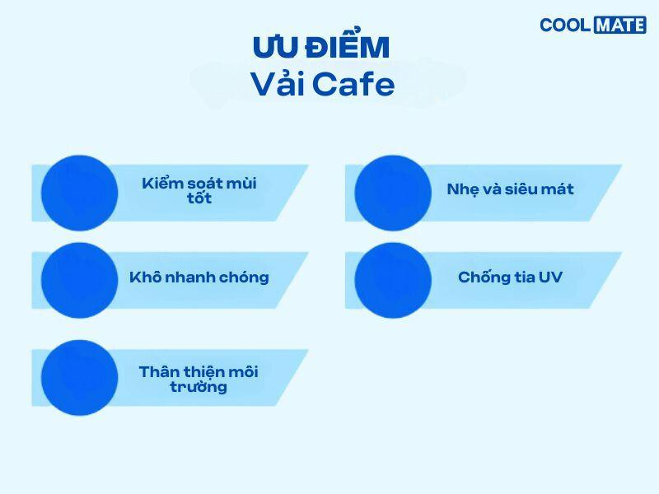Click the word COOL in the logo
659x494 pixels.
(564, 25)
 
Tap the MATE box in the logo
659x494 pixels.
(619, 25)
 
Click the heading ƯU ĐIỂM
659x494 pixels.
(320, 48)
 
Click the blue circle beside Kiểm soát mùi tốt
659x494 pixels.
(79, 193)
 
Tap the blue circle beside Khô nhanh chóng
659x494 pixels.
(79, 280)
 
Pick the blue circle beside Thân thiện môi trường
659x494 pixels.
(79, 378)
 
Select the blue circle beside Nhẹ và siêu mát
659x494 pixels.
(393, 193)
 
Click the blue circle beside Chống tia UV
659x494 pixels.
(393, 280)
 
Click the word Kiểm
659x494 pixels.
(161, 183)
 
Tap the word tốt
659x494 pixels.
(199, 198)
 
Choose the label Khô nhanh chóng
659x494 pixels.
(199, 277)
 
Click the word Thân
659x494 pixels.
(158, 371)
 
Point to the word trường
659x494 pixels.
(199, 387)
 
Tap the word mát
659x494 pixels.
(558, 189)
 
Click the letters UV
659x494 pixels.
(550, 277)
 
